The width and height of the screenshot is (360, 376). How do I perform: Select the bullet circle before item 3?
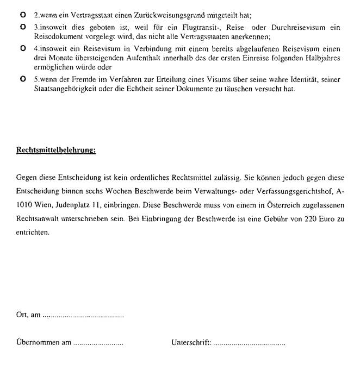[x=21, y=26]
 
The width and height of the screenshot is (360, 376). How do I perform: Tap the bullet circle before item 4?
[x=21, y=48]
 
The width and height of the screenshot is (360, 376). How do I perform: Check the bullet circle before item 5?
[x=21, y=79]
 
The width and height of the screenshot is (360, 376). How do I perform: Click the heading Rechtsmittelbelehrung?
[x=56, y=151]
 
